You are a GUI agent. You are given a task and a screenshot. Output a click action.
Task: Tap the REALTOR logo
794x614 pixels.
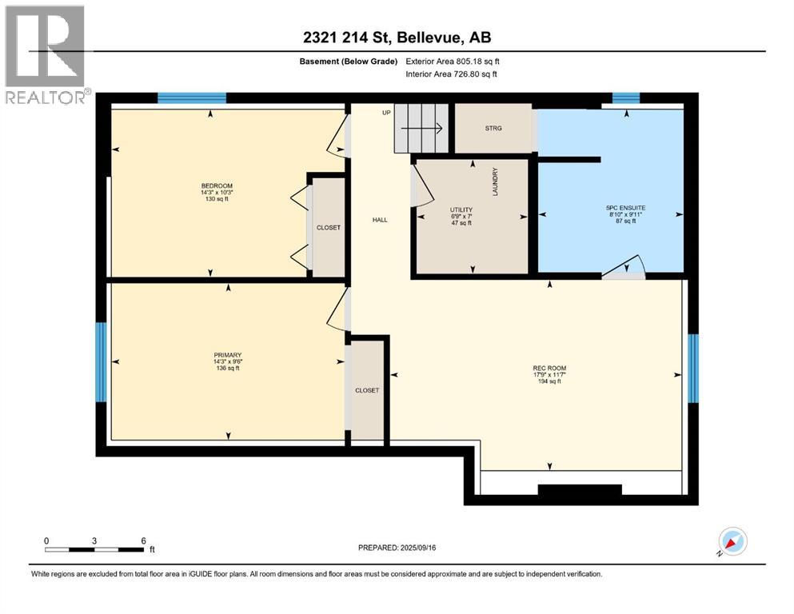coord(46,54)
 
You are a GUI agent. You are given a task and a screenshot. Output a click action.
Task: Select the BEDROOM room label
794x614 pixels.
coord(217,185)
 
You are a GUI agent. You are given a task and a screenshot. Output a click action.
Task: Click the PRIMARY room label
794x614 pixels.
coord(227,355)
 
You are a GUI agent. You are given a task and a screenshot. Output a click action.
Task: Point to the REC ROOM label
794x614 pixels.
coord(549,368)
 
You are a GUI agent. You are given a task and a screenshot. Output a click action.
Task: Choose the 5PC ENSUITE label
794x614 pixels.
coord(626,208)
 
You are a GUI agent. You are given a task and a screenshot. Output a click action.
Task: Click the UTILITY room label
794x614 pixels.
coord(461,209)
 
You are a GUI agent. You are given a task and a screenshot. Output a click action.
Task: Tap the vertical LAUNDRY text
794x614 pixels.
coord(495,181)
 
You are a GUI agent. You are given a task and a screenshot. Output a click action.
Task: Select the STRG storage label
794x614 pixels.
coord(493,128)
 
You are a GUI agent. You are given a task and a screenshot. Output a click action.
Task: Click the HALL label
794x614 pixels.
coord(380,220)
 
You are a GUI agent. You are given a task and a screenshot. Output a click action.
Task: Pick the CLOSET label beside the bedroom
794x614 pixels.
coord(329,228)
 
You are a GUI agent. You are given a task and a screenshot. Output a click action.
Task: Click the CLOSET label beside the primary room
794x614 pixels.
coord(367,390)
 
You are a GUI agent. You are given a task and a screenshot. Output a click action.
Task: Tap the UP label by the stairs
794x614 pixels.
coord(386,113)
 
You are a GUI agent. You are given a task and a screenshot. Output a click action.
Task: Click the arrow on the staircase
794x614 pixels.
coord(421,129)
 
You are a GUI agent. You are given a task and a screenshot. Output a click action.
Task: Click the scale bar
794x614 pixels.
coord(94,549)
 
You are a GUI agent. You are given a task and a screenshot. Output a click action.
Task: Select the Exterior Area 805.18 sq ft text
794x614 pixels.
coord(453,62)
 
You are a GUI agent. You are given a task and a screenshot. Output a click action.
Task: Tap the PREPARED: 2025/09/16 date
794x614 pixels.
coord(397,548)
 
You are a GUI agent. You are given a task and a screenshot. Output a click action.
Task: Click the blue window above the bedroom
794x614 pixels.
coord(191,98)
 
